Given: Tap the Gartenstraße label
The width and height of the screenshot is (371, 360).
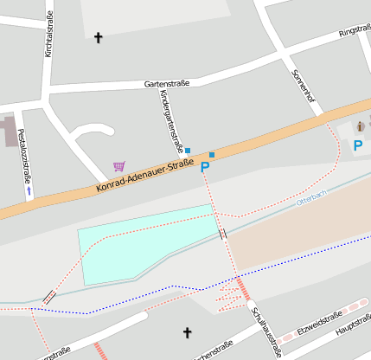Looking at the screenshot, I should pyautogui.click(x=166, y=84).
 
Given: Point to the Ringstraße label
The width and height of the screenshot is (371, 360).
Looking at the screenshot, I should pyautogui.click(x=354, y=31).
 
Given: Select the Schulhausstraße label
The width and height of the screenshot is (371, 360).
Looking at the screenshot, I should pyautogui.click(x=265, y=331).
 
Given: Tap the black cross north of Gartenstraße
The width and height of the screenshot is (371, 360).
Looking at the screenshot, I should pyautogui.click(x=98, y=37).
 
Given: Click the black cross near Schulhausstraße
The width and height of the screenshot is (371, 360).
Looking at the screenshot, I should pyautogui.click(x=187, y=331).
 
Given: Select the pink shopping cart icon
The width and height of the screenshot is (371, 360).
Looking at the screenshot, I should pyautogui.click(x=118, y=166).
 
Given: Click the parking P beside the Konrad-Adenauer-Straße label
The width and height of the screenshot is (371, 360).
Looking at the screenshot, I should pyautogui.click(x=205, y=168).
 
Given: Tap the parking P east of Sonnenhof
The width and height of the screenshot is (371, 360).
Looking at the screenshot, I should pyautogui.click(x=358, y=145).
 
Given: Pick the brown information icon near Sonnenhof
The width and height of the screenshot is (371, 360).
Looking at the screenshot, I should pyautogui.click(x=361, y=127).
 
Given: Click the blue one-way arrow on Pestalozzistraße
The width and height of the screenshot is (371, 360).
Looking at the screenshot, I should pyautogui.click(x=29, y=189).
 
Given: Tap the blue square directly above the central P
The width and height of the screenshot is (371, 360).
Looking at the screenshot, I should pyautogui.click(x=212, y=154).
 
